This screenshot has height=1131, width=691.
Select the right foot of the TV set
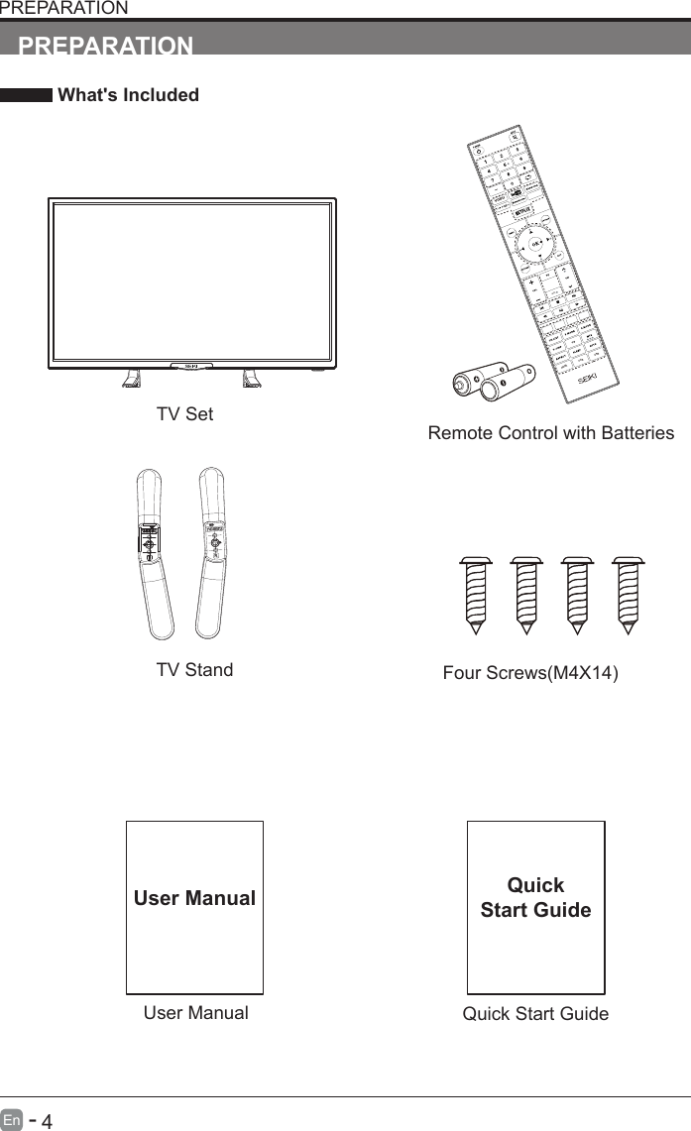click(x=253, y=379)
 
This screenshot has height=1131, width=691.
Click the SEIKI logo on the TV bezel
click(x=191, y=366)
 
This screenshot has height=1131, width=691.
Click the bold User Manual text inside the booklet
click(x=194, y=899)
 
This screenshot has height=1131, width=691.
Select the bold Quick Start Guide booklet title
click(x=535, y=897)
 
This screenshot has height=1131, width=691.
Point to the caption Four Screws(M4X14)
click(x=529, y=674)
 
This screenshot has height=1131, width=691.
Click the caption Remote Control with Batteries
click(x=550, y=433)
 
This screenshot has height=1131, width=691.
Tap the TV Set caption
click(x=184, y=413)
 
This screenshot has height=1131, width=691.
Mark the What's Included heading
click(x=128, y=95)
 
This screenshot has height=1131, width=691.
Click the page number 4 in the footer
click(x=46, y=1121)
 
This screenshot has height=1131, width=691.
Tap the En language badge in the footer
click(x=12, y=1121)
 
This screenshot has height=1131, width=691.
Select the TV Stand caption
click(x=194, y=670)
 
